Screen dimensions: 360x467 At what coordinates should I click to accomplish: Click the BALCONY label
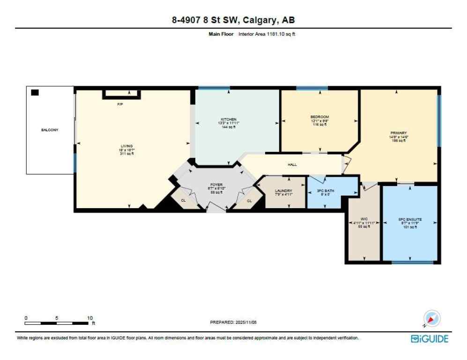coord(50,130)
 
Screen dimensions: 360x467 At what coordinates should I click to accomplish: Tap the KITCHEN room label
coord(229,119)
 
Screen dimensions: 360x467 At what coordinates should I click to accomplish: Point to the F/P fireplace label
coord(120,104)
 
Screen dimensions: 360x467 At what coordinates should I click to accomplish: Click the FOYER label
coord(216,185)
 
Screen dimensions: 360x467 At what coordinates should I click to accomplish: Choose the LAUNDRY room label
coord(283,191)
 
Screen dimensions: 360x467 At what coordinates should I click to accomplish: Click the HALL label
coord(292,165)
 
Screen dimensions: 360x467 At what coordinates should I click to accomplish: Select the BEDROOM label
coord(319,117)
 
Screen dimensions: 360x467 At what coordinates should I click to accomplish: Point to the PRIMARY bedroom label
coord(399,133)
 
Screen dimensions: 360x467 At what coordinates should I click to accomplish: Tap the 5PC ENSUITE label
coord(410,219)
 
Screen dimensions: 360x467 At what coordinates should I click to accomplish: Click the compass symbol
coord(431,319)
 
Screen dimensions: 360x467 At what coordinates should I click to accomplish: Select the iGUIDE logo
coord(429,338)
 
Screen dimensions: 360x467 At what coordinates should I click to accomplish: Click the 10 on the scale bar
coord(90,317)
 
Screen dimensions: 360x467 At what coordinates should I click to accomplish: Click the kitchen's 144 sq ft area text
coord(229,127)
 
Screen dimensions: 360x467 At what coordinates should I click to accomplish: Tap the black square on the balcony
coord(35,93)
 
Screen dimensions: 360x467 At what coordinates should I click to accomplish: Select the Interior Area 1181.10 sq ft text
coord(267,34)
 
